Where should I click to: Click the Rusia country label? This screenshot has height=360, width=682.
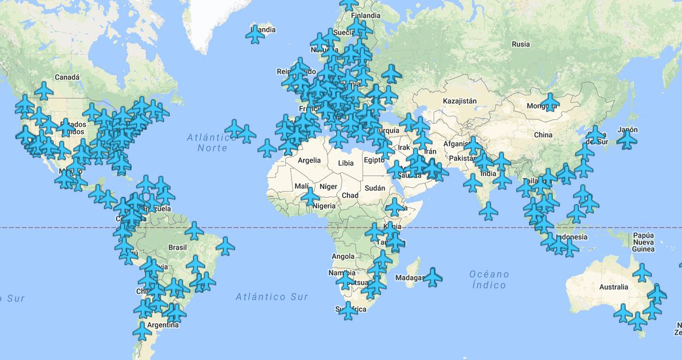521,44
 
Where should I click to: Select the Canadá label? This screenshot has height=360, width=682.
67,77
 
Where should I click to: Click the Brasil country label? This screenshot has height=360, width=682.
178,247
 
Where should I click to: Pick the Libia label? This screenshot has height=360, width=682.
346,163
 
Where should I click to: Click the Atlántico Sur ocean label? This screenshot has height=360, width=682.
272,296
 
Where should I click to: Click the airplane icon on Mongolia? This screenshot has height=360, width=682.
550,102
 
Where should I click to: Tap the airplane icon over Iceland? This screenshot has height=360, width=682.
255,35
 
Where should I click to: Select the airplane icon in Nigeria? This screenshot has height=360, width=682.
310,196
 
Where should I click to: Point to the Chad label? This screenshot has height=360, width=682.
350,196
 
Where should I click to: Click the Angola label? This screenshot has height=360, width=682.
343,256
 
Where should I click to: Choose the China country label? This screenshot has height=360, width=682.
543,135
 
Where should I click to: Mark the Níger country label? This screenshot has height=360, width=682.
328,187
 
